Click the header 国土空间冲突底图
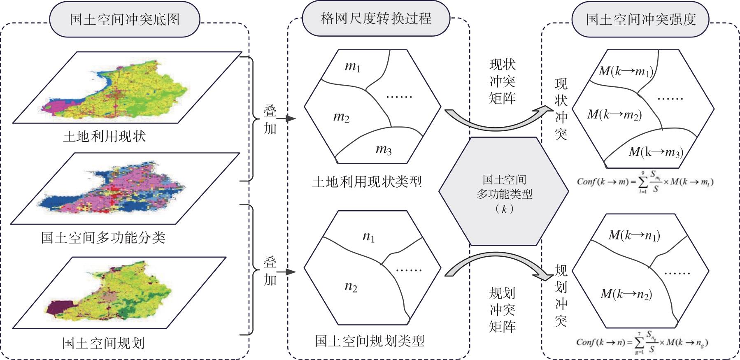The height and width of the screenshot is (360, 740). [124, 19]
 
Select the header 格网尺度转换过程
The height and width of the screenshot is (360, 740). [376, 18]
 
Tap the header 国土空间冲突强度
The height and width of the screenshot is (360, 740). [641, 19]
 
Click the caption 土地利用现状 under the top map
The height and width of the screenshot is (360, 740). [105, 136]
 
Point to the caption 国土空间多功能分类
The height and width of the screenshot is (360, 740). [103, 237]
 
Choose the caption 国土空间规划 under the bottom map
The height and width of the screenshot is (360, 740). [103, 342]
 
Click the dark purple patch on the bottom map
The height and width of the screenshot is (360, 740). [59, 307]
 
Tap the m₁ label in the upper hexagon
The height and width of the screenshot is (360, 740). [353, 67]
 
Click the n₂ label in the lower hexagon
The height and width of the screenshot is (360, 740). [351, 287]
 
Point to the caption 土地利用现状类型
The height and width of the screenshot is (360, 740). [367, 181]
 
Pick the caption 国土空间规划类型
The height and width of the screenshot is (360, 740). [369, 341]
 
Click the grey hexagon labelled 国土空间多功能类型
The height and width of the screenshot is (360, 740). [504, 192]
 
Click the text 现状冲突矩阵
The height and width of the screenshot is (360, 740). [502, 81]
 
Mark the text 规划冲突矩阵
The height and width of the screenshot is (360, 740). [502, 310]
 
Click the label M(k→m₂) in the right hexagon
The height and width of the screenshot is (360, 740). [614, 115]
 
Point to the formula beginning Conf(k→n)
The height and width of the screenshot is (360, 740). [642, 343]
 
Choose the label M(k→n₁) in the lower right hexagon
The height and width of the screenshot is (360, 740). [634, 235]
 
